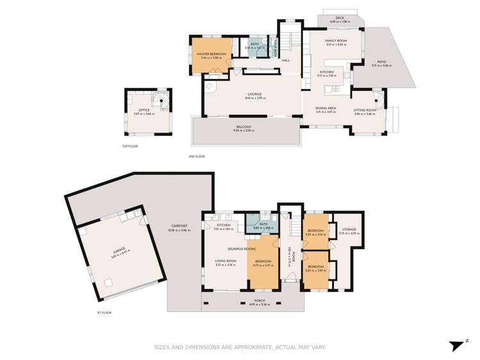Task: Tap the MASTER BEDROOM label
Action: pyautogui.click(x=210, y=54)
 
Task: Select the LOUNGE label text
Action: pyautogui.click(x=254, y=94)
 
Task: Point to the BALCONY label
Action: pyautogui.click(x=244, y=127)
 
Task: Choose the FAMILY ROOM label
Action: pyautogui.click(x=335, y=40)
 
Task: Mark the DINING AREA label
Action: pyautogui.click(x=326, y=110)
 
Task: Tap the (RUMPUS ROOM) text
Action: pyautogui.click(x=241, y=248)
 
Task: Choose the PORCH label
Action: pyautogui.click(x=260, y=300)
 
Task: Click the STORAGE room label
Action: pyautogui.click(x=349, y=229)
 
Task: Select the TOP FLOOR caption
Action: pyautogui.click(x=130, y=146)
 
